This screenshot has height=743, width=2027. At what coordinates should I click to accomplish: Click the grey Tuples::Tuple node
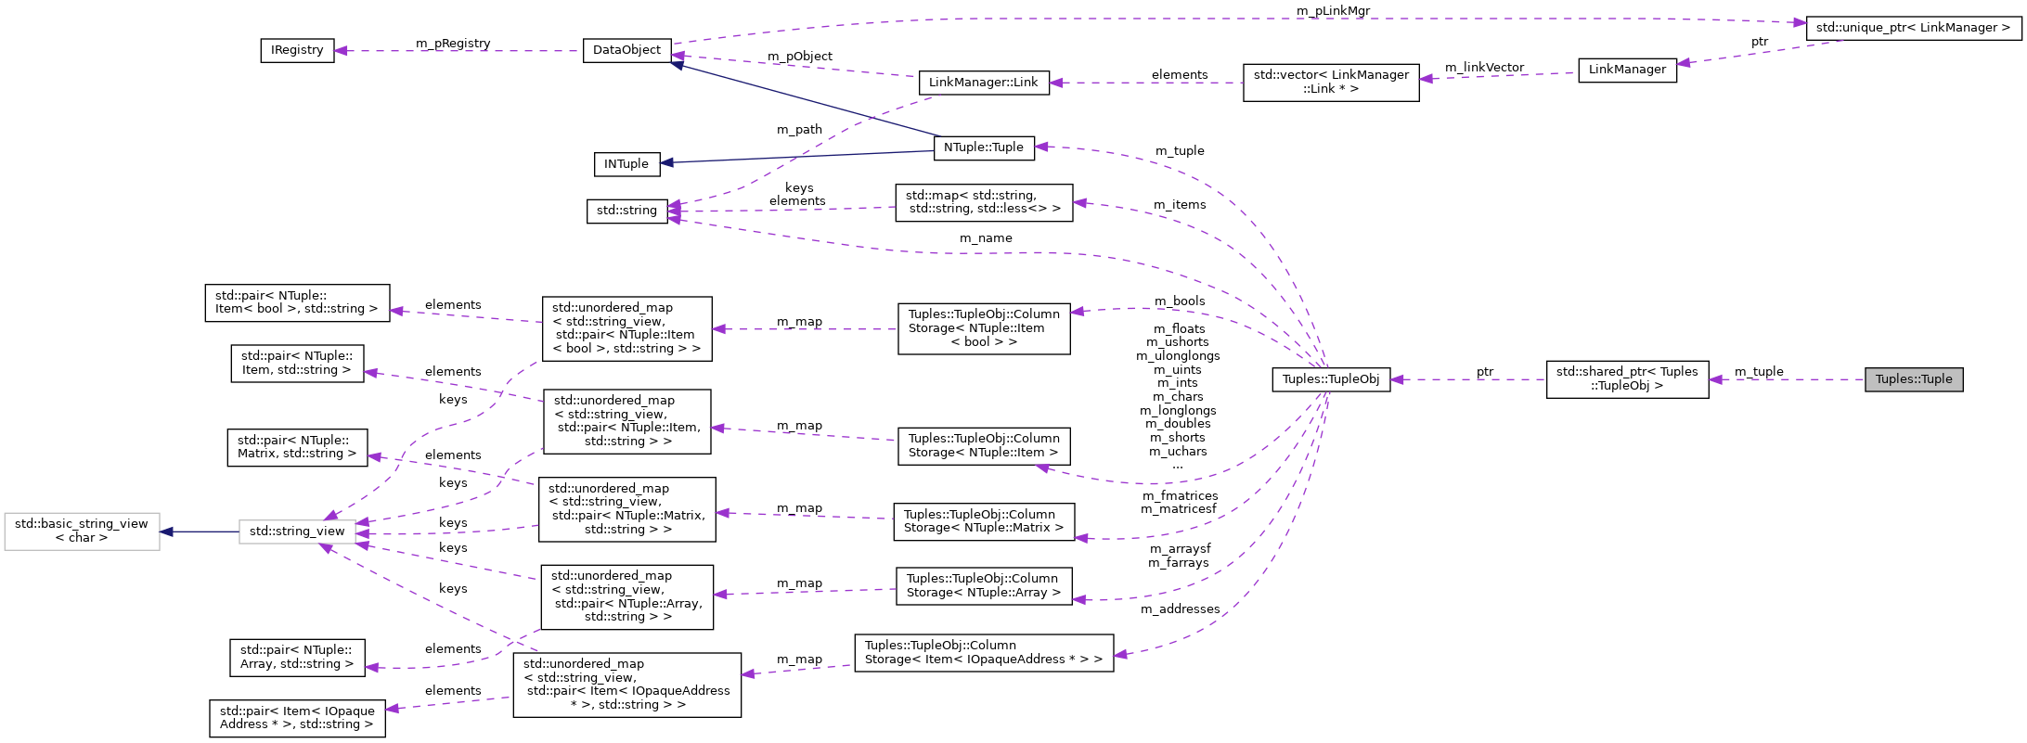coord(1914,379)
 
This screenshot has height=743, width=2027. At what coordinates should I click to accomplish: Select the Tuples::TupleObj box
coord(1331,379)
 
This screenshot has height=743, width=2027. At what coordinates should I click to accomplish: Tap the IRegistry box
coord(297,50)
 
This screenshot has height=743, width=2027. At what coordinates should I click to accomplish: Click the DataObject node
coord(626,50)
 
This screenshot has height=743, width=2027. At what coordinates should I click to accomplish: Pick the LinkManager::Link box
coord(983,83)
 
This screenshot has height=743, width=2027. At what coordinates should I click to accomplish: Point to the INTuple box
coord(626,164)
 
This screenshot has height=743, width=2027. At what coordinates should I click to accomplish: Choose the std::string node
coord(626,211)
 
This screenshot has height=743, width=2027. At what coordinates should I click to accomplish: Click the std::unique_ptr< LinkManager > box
coord(1913,28)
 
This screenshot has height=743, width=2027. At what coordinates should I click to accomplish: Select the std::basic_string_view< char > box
coord(82,532)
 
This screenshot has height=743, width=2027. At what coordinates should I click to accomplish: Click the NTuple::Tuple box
coord(983,147)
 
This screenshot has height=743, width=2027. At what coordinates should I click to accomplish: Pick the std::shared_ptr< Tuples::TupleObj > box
coord(1627,379)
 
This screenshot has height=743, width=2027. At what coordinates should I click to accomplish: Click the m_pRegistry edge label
coord(453,44)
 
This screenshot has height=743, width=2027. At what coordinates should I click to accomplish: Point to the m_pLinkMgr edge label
coord(1333,11)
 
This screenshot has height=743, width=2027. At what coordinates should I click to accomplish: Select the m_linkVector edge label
coord(1484,68)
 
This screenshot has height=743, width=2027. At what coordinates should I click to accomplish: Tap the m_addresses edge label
coord(1180,609)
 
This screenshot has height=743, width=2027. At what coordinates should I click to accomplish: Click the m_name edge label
coord(986,238)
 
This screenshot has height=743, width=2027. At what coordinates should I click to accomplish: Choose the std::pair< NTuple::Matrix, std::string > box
coord(297,447)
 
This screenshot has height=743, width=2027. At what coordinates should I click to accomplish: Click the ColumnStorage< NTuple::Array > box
coord(983,586)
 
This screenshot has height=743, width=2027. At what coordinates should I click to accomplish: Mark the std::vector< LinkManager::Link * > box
coord(1331,83)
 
